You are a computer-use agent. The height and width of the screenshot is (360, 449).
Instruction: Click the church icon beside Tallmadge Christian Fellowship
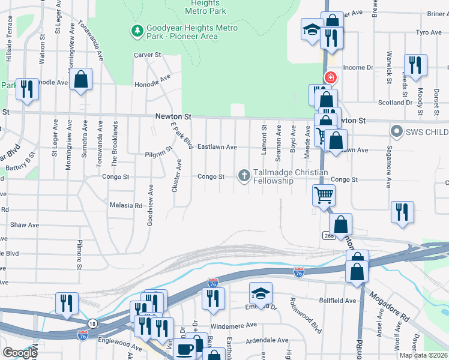(x=244, y=175)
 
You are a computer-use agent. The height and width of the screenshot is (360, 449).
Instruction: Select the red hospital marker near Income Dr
(x=330, y=77)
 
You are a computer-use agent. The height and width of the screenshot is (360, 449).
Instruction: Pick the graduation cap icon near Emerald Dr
(x=260, y=292)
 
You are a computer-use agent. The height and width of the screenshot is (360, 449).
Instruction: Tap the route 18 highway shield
(x=91, y=323)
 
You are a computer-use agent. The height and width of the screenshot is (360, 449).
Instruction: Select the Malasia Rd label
(x=126, y=205)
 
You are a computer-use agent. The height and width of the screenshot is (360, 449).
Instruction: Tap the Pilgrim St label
(x=158, y=154)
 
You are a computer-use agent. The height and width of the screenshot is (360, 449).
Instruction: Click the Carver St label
(x=148, y=55)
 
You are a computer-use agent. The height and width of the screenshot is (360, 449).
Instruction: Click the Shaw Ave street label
(x=25, y=225)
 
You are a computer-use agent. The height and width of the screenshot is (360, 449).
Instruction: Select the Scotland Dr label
(x=396, y=103)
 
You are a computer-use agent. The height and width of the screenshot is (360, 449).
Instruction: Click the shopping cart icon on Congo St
(x=324, y=194)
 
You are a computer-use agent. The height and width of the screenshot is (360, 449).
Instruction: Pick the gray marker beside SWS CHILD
(x=396, y=131)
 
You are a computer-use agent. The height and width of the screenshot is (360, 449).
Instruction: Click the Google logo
(x=20, y=353)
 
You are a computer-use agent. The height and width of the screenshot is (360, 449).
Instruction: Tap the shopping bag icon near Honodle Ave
(x=80, y=79)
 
